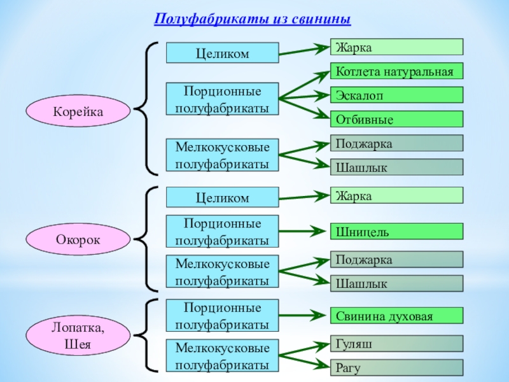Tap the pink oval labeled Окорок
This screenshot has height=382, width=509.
78,240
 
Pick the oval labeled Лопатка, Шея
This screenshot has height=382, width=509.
78,337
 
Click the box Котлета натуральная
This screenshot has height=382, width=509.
396,71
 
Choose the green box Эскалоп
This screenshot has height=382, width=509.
396,95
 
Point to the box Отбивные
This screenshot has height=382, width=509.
396,119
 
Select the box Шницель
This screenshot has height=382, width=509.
396,232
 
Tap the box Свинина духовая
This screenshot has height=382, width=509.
396,315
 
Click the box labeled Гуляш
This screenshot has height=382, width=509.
396,344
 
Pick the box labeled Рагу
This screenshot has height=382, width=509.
396,367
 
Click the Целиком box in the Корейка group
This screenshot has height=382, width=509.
222,53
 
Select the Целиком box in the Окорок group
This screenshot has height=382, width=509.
222,197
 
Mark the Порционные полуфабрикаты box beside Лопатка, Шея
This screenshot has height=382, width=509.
222,316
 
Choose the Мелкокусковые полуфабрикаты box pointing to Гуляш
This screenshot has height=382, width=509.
222,357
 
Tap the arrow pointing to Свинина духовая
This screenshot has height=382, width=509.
302,315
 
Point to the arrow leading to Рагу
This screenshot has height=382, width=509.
303,360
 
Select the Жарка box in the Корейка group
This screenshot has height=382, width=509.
396,46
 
